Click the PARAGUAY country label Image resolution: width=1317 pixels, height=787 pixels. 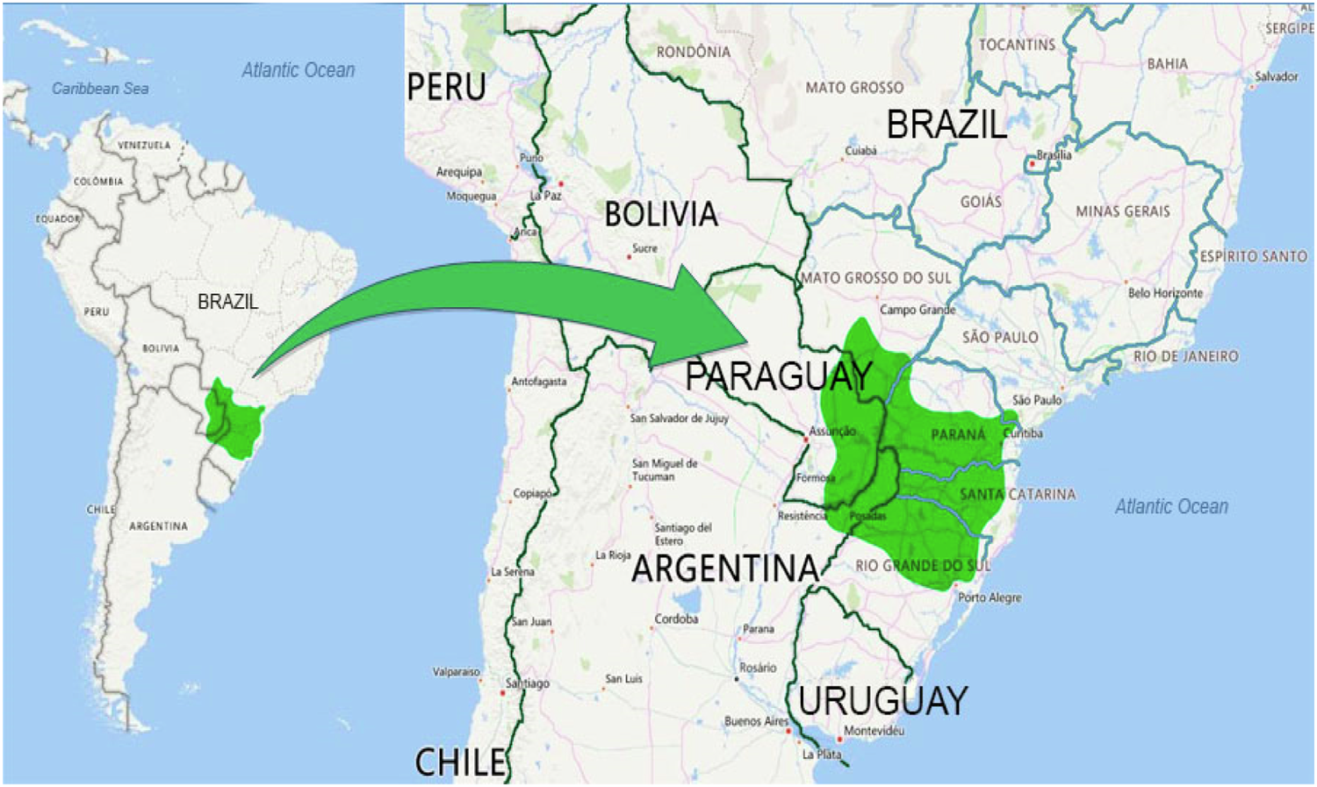point(779,376)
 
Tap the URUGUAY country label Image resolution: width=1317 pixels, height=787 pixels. point(882,700)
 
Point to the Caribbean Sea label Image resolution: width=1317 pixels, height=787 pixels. point(100,89)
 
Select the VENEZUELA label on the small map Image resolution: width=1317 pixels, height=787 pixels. point(144,145)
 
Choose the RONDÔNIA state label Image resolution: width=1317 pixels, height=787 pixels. point(693,52)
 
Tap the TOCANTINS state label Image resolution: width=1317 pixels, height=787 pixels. point(1017,45)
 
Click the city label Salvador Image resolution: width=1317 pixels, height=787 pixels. point(1276,76)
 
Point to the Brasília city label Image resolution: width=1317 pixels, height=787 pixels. point(1054,154)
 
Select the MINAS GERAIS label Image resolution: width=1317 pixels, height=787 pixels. point(1122,211)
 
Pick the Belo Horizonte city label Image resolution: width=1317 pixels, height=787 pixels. point(1165,293)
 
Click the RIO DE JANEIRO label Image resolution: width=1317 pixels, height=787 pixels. point(1185,356)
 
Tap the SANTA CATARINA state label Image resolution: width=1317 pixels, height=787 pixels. point(1017,494)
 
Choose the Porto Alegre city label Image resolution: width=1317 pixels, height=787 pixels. point(990,597)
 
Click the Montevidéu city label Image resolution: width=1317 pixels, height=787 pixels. point(874,731)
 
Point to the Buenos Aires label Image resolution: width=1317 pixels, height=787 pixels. point(756,721)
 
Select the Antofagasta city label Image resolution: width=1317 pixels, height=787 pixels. point(538,382)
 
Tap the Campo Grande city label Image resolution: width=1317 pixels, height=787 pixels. point(918,310)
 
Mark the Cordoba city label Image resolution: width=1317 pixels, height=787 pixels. point(676,619)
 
